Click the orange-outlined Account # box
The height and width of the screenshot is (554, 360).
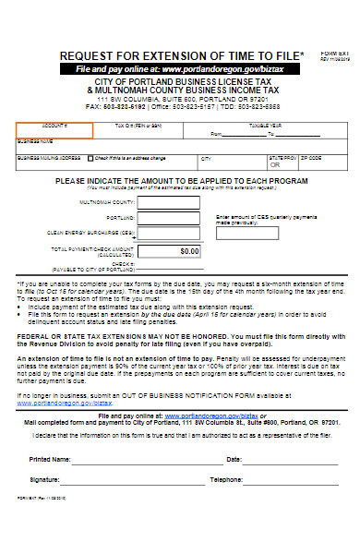point(54,128)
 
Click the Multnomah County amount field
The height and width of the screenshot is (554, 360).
point(171,201)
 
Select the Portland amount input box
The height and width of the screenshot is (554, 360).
point(171,217)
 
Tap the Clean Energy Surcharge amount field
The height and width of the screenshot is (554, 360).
point(171,233)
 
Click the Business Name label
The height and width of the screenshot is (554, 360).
point(34,141)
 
